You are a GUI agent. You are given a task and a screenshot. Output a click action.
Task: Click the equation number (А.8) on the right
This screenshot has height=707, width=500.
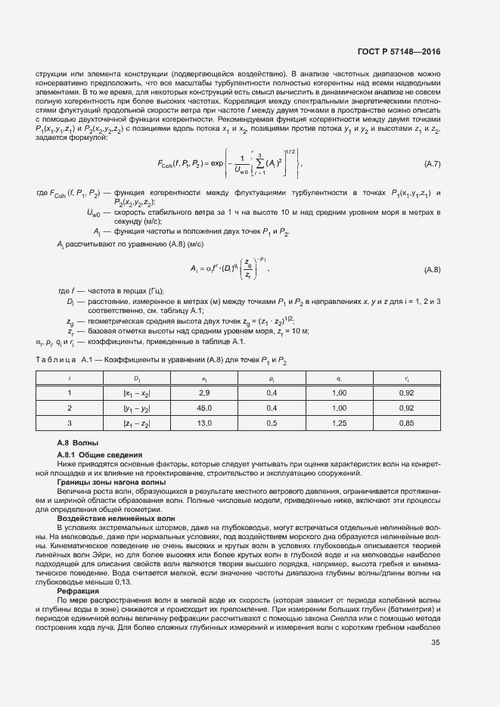point(432,269)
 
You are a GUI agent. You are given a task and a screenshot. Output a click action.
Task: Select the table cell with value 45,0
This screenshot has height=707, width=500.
point(203,409)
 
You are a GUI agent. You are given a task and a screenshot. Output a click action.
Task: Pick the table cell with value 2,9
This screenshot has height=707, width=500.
point(203,394)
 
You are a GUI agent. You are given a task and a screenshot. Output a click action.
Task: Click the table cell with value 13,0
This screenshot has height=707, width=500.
point(203,424)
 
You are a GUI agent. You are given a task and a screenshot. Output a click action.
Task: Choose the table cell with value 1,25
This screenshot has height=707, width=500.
point(339,424)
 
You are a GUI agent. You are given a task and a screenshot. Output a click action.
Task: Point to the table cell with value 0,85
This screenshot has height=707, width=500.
point(406,424)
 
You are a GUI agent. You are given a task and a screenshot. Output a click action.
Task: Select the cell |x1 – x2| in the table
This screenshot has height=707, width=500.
point(137,394)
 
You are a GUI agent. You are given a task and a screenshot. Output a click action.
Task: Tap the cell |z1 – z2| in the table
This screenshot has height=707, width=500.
point(137,424)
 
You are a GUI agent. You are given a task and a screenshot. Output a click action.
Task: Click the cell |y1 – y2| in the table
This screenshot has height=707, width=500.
point(137,409)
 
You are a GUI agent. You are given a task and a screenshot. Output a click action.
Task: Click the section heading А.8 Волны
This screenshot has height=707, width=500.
point(78,442)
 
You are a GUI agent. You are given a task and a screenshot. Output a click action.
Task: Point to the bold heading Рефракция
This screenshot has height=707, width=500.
point(76,591)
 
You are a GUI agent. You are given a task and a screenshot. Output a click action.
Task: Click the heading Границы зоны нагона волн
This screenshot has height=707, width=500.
point(110,482)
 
